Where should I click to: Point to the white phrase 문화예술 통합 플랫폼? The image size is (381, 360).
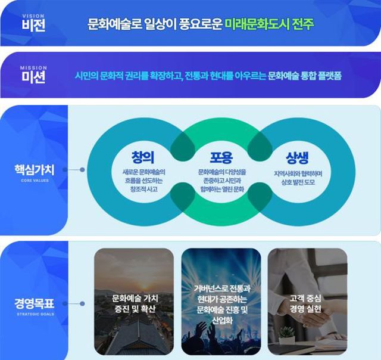tap(308, 77)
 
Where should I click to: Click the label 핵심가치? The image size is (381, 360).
tap(35, 169)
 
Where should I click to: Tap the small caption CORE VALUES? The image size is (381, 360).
tap(35, 179)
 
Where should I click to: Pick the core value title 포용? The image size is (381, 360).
tap(216, 157)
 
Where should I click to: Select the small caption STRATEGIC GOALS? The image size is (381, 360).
tap(35, 312)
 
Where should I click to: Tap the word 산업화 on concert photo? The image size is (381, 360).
tap(221, 321)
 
